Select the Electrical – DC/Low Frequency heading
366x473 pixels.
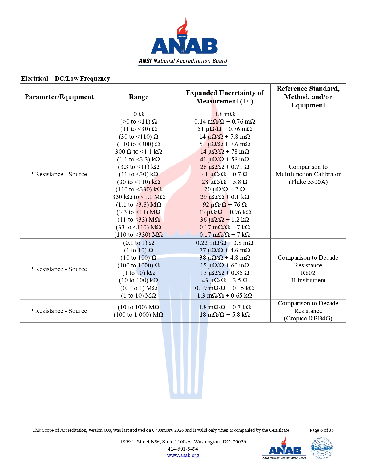[x=65, y=79]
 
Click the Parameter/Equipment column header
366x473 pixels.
[x=59, y=97]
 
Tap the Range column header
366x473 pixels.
[x=138, y=97]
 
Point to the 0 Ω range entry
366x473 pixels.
[x=138, y=114]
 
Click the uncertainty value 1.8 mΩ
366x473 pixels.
[x=224, y=114]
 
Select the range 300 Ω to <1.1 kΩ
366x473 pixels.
[x=138, y=152]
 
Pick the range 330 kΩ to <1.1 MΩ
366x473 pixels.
[x=138, y=197]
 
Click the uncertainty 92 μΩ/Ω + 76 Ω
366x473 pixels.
[x=224, y=205]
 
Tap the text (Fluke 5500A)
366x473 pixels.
[x=308, y=182]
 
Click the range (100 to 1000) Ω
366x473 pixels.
[x=138, y=265]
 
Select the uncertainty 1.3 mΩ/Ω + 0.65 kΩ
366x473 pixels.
[x=224, y=296]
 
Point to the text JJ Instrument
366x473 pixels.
[x=308, y=280]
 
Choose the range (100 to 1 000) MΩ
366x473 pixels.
[x=138, y=315]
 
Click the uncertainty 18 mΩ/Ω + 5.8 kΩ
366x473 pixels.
[x=224, y=315]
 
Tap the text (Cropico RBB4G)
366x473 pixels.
[x=308, y=318]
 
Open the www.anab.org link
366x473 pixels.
[x=183, y=455]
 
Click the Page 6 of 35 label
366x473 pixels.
[x=322, y=430]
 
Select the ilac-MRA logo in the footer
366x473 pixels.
[x=322, y=448]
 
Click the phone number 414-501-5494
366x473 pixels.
[x=183, y=449]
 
